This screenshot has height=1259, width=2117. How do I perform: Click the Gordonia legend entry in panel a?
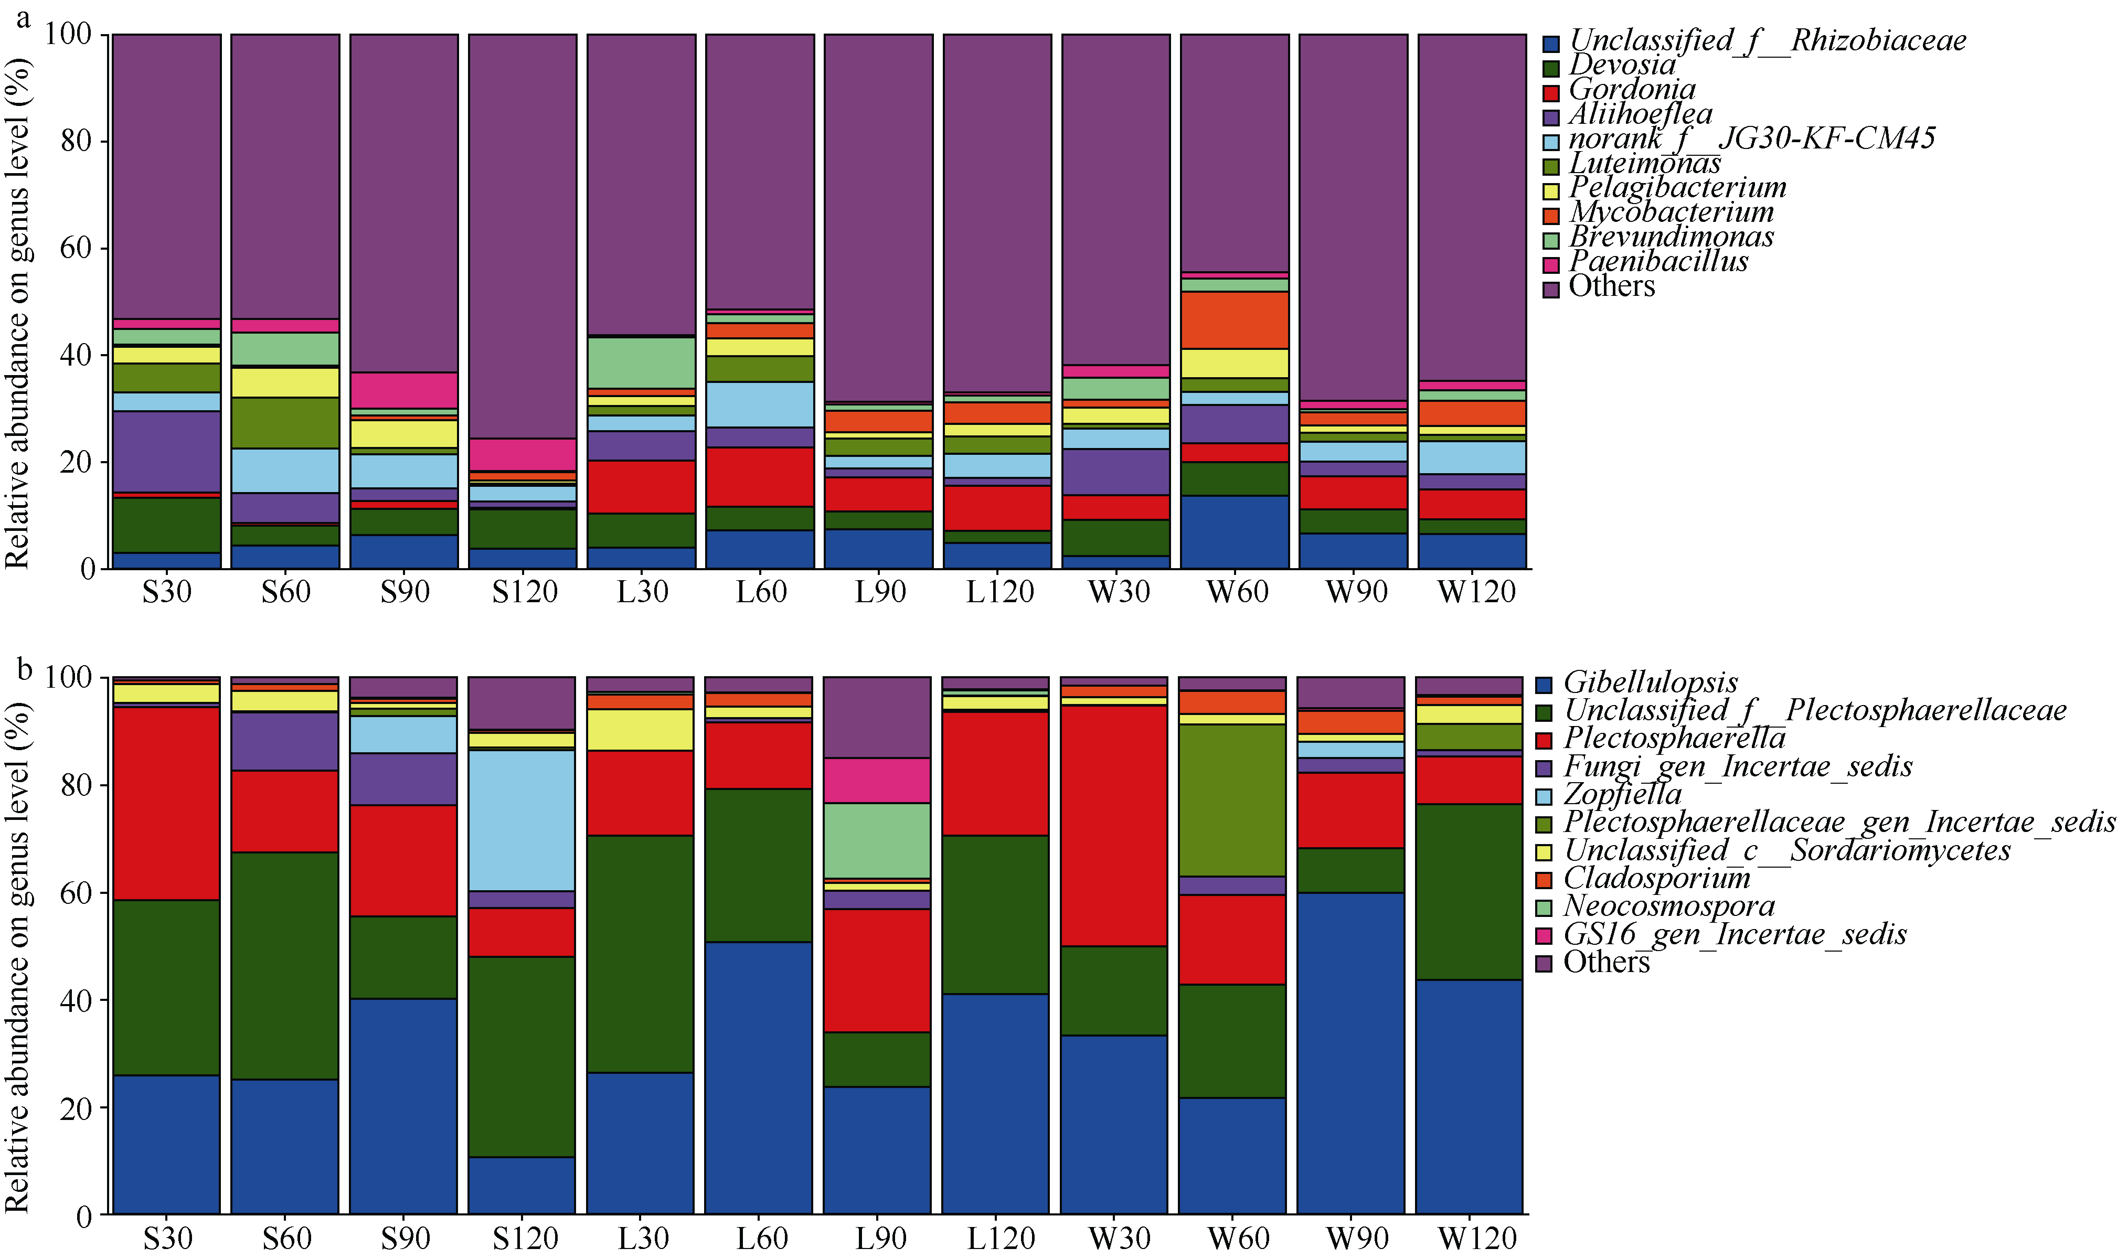1631,90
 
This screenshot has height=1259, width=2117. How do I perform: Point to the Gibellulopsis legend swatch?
1544,685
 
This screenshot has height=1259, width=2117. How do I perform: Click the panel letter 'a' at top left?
23,17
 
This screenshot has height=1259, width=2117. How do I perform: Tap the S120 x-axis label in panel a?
524,591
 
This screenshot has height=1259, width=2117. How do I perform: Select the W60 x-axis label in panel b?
1237,1238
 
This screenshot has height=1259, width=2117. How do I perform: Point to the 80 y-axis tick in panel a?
77,141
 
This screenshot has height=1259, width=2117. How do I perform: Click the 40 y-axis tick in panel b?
77,1000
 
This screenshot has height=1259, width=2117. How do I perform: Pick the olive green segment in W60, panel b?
1232,800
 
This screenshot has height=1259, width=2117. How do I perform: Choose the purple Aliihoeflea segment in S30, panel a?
166,451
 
